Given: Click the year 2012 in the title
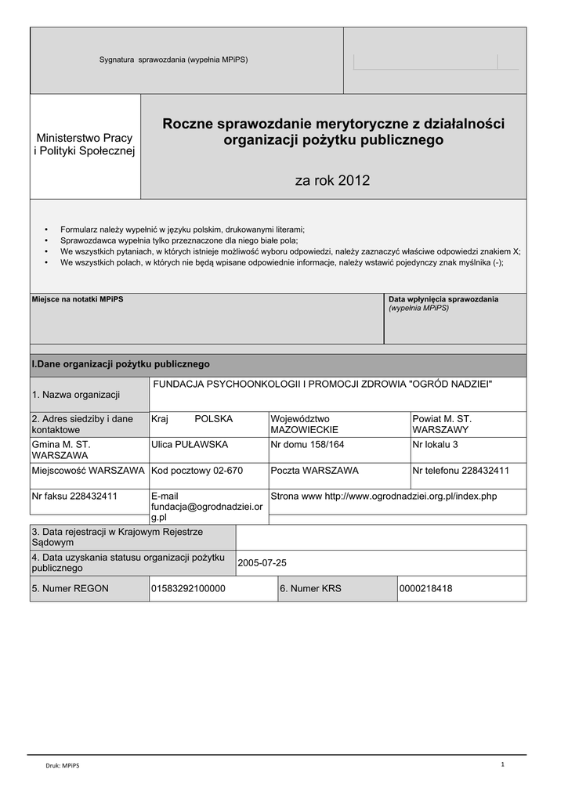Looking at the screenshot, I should click(353, 181).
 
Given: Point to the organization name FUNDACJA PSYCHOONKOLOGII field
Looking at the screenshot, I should click(322, 383).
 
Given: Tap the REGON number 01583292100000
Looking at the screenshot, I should click(188, 588).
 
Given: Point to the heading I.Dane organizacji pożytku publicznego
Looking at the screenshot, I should click(120, 364).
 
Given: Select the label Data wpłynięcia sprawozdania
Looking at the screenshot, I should click(443, 299).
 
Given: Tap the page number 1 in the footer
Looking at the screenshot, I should click(503, 764).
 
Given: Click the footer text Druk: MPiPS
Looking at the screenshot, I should click(62, 766).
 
